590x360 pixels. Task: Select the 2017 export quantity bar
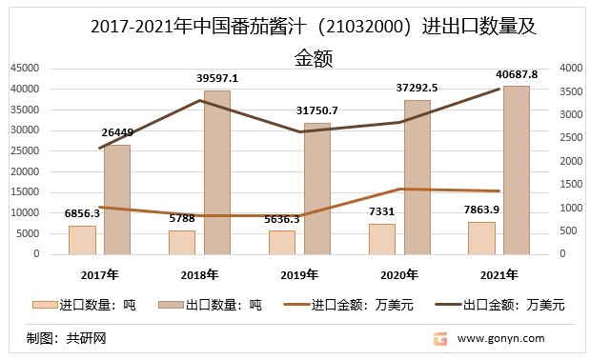click(x=117, y=199)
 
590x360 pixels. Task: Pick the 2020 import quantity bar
click(x=381, y=239)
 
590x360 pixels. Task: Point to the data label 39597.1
click(x=217, y=78)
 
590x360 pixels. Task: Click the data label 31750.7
click(x=316, y=110)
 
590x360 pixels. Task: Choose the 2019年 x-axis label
click(x=299, y=274)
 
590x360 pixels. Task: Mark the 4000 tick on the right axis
click(x=570, y=69)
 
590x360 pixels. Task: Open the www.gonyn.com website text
click(x=501, y=338)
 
